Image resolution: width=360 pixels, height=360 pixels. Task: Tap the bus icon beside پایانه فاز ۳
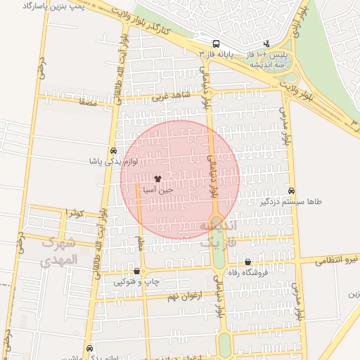pos(217,43)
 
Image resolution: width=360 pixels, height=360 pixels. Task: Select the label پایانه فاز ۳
pos(217,53)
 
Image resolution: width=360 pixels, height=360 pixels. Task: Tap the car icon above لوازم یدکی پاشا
pos(113,151)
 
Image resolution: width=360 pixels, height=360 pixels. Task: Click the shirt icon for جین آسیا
pos(157,179)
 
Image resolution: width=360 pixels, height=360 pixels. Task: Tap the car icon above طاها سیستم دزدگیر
pos(292,191)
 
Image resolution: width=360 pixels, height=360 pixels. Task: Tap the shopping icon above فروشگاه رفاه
pos(247,262)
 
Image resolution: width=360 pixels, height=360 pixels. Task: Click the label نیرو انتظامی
pos(337,260)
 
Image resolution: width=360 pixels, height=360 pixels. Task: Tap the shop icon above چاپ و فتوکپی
pos(136,271)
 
